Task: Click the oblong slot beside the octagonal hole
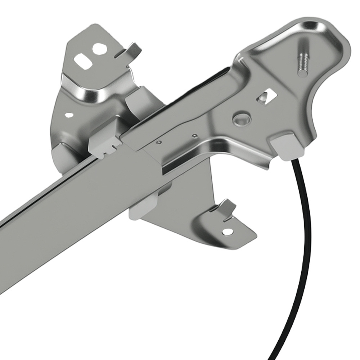82,62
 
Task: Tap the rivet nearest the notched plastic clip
159,142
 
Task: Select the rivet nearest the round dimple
195,136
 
